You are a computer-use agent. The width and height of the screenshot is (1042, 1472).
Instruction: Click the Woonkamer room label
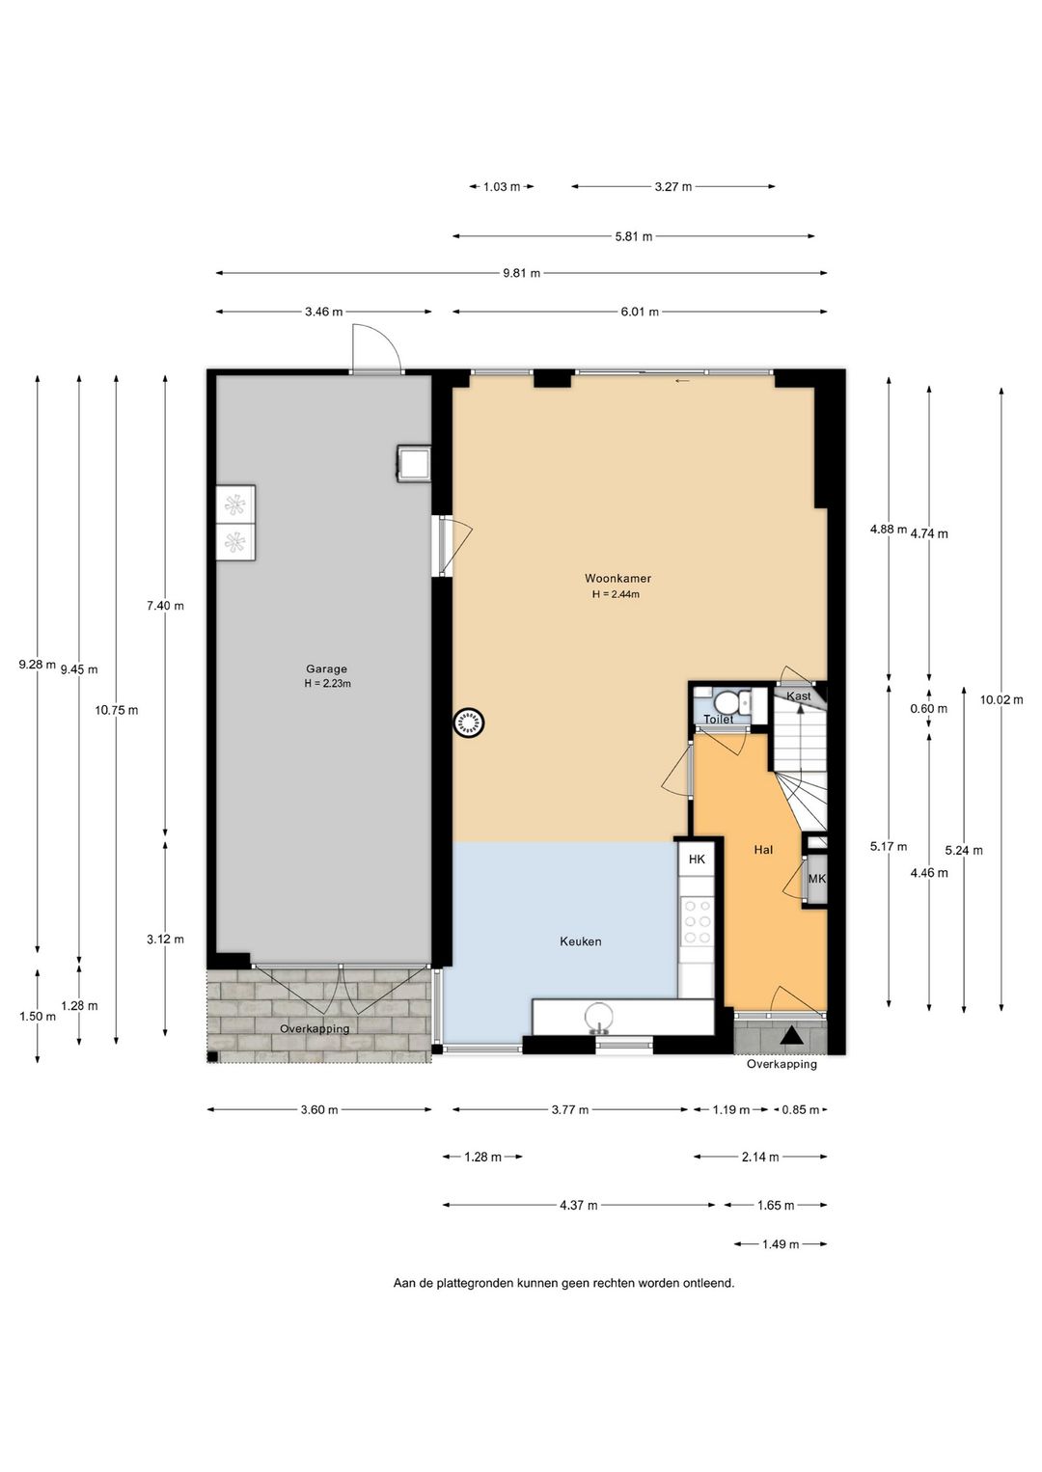(x=617, y=579)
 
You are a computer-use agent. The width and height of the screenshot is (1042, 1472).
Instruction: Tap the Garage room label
(x=326, y=669)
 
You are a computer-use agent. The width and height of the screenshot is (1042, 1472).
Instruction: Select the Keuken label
(x=581, y=941)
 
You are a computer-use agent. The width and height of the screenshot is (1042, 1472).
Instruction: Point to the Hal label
(x=763, y=850)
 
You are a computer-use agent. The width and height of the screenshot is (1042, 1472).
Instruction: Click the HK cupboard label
(x=697, y=859)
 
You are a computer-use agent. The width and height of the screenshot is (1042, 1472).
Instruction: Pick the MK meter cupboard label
(x=816, y=879)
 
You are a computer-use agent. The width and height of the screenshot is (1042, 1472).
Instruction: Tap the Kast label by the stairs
(x=798, y=695)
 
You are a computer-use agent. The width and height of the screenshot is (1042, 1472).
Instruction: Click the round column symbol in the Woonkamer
(x=468, y=722)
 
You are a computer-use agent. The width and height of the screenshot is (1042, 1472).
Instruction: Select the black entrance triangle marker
(x=791, y=1036)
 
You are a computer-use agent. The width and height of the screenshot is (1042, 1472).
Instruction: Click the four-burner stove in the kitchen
(x=697, y=921)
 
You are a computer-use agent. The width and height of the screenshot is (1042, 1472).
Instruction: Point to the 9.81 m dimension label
(x=521, y=273)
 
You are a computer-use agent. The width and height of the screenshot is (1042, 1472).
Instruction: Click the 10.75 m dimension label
(x=117, y=710)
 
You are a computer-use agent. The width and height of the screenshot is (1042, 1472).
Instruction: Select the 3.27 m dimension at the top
(x=673, y=186)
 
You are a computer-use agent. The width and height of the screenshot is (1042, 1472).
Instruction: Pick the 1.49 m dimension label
(x=781, y=1244)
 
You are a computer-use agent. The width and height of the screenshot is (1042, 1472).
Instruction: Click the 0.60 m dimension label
(x=928, y=709)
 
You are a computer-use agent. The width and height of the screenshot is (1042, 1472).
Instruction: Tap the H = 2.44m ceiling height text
(x=616, y=595)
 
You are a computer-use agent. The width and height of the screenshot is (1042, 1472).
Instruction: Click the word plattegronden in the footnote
(x=476, y=1282)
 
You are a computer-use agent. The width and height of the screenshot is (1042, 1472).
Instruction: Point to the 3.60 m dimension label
(x=319, y=1110)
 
